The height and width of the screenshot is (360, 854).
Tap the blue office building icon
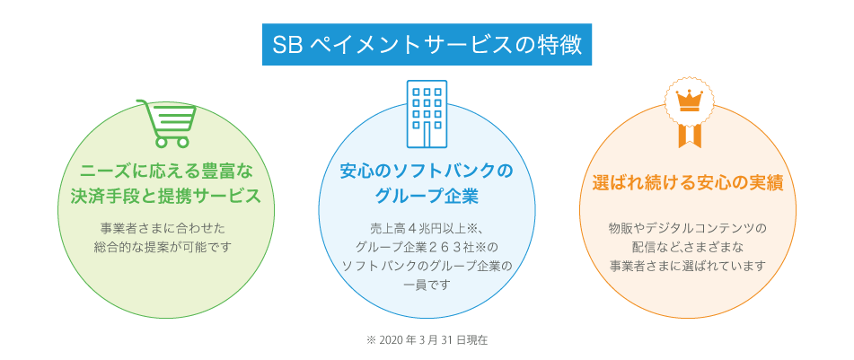[x=427, y=114]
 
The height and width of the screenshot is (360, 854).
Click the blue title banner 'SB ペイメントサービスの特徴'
[x=427, y=45]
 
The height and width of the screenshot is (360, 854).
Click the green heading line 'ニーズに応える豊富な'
[x=167, y=171]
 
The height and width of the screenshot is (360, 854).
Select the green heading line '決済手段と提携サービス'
[x=166, y=197]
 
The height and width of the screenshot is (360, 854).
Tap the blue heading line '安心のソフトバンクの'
[x=427, y=171]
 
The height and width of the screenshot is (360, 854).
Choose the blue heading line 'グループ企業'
[x=427, y=197]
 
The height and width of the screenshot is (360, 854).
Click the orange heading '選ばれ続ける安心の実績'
[x=688, y=184]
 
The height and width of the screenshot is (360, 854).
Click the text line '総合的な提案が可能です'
[x=162, y=247]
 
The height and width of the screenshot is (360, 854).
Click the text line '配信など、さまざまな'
[x=688, y=247]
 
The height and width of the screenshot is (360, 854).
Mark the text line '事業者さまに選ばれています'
[x=688, y=267]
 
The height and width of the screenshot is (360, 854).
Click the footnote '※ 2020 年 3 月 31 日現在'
[x=427, y=340]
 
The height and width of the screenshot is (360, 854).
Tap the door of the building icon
[x=427, y=136]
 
